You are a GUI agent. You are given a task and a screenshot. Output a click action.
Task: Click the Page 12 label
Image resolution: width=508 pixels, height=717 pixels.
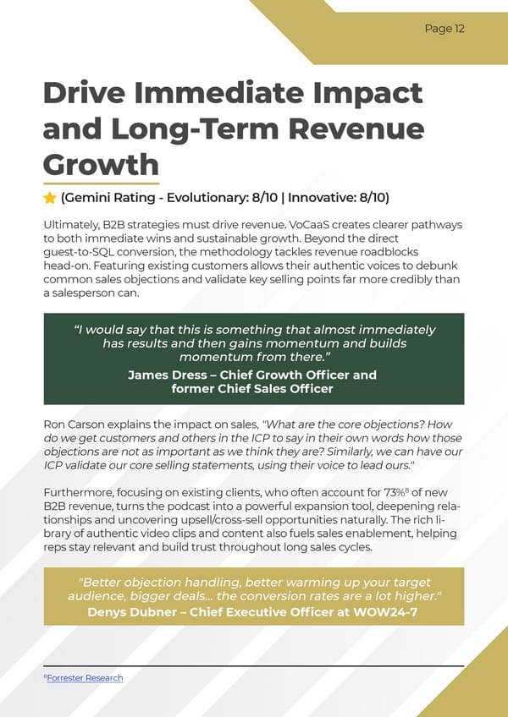tap(444, 29)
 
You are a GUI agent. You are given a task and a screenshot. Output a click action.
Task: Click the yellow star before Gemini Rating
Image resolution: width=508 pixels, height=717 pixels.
tap(50, 198)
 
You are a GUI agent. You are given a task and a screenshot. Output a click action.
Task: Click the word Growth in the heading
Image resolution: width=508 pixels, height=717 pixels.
tap(100, 164)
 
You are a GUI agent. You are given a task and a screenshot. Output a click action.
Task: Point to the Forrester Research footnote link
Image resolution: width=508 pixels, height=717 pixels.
tap(85, 678)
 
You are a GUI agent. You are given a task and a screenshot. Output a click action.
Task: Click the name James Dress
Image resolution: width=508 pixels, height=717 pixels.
tap(168, 375)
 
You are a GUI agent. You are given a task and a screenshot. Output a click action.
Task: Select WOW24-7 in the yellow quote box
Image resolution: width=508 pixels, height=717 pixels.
tap(390, 612)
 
